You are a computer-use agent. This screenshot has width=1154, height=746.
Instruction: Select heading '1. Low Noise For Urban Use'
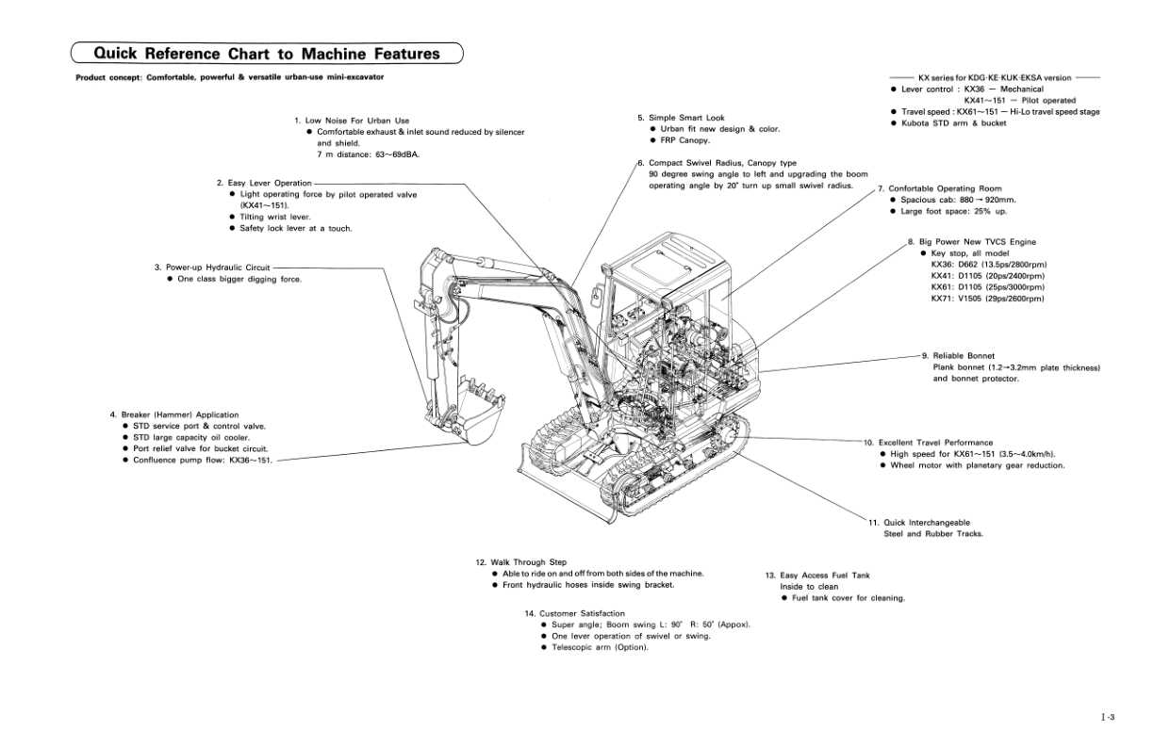coord(352,121)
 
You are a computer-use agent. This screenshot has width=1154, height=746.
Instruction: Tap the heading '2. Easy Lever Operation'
coord(263,183)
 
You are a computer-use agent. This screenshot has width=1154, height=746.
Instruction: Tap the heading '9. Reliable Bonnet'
coord(958,356)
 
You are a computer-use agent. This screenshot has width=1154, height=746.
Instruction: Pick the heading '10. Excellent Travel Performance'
coord(928,442)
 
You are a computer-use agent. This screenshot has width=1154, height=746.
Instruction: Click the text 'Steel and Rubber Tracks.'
coord(932,533)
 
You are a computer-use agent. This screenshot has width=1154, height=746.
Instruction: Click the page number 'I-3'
coord(1107,718)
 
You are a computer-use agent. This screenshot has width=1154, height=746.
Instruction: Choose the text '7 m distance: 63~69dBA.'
coord(367,154)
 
